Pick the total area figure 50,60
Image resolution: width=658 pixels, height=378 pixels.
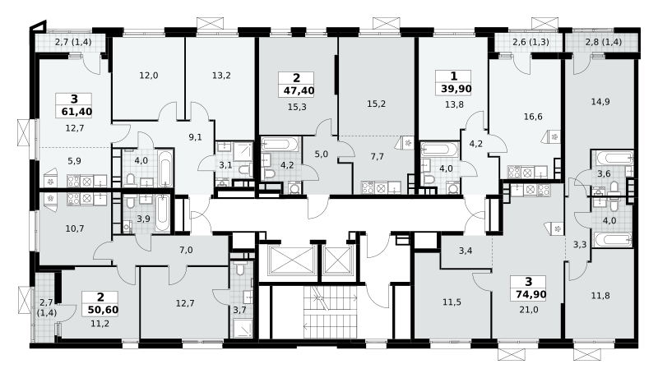pyautogui.click(x=103, y=310)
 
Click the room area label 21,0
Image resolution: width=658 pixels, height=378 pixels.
pyautogui.click(x=529, y=310)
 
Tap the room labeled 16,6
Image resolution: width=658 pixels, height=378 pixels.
pyautogui.click(x=533, y=117)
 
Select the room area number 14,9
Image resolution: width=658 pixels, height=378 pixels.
pyautogui.click(x=600, y=101)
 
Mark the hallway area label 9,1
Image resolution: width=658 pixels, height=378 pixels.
pyautogui.click(x=195, y=136)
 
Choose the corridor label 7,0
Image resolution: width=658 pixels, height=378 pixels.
pyautogui.click(x=186, y=250)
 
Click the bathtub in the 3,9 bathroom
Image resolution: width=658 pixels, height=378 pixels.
pyautogui.click(x=162, y=213)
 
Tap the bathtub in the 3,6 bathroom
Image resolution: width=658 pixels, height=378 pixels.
pyautogui.click(x=614, y=159)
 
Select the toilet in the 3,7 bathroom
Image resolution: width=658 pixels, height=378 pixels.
pyautogui.click(x=240, y=268)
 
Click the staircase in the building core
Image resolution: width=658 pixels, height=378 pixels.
pyautogui.click(x=330, y=311)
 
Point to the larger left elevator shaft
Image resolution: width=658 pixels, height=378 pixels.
pyautogui.click(x=293, y=261)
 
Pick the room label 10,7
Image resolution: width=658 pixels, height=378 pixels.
pyautogui.click(x=75, y=228)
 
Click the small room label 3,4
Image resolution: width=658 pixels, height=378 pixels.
pyautogui.click(x=466, y=251)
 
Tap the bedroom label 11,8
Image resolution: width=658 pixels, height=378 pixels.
pyautogui.click(x=600, y=296)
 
